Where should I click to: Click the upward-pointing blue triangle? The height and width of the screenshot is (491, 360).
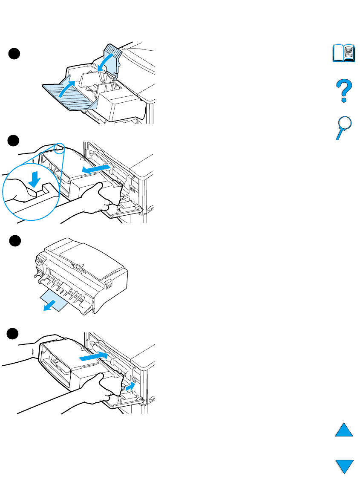pos(344,428)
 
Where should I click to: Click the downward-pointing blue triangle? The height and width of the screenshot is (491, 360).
pos(344,466)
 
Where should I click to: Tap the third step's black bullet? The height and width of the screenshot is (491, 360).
pos(15,241)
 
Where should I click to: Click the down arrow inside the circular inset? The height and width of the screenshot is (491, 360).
pos(35,180)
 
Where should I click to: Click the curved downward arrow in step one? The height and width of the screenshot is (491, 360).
pos(104,62)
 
